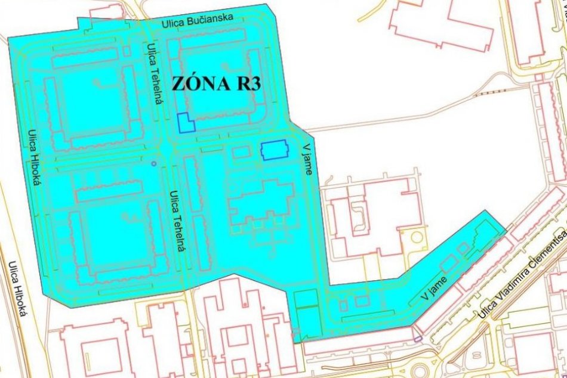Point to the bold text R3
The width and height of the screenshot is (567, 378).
(245, 84)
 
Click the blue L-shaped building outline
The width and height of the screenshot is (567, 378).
(186, 123)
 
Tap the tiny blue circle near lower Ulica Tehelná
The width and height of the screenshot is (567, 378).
(153, 163)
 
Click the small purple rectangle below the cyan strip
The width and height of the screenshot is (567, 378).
(418, 338)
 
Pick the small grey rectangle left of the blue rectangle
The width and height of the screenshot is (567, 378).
(240, 152)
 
